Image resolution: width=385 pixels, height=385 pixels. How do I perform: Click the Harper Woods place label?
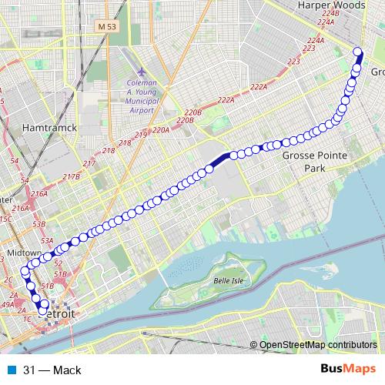[x=330, y=5]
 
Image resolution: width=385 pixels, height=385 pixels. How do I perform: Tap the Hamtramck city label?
[x=49, y=127]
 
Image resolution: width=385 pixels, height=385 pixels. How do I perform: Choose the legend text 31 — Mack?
[x=52, y=370]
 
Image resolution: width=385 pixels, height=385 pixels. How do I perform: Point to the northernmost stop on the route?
[x=358, y=52]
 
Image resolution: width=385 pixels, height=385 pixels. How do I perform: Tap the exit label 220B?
[x=192, y=113]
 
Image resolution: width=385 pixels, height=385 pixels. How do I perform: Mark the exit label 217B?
[x=72, y=177]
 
